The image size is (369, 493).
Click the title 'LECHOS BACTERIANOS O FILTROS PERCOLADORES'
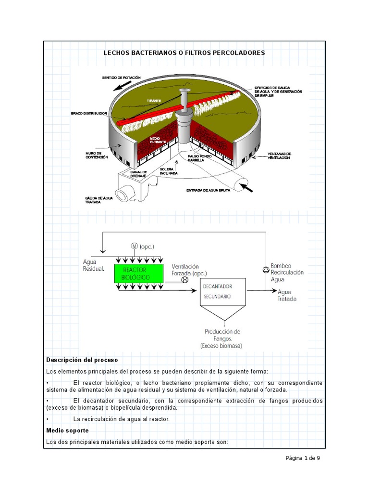184,52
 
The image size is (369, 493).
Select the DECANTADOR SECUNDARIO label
216,291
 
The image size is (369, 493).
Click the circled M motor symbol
134,246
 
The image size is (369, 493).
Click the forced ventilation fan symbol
184,279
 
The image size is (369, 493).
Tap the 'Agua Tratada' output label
287,295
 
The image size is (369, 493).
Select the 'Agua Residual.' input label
93,265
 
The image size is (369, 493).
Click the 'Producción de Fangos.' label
222,335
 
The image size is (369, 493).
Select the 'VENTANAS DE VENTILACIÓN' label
279,155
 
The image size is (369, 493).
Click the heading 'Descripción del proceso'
82,360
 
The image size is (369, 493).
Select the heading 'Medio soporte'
67,430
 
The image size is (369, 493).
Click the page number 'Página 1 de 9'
303,458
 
